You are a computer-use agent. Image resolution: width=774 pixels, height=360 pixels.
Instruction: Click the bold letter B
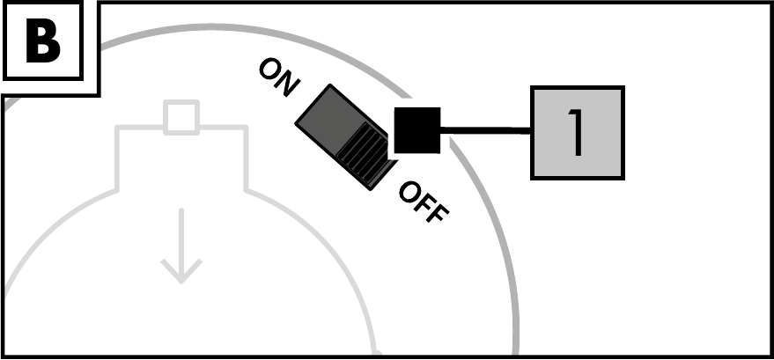coord(43,42)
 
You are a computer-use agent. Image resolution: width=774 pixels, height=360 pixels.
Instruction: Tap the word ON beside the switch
coord(279,77)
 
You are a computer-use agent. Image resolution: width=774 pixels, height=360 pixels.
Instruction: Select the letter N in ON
coord(287,84)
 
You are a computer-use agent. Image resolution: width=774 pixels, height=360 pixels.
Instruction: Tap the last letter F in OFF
coord(438,212)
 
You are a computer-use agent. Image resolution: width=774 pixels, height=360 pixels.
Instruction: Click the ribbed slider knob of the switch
coord(364,151)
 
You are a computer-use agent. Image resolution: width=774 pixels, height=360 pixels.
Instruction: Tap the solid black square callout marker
coord(417,130)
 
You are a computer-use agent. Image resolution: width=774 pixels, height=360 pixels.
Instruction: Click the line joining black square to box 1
coord(486,130)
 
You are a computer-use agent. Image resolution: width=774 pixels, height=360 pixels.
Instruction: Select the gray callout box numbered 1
coord(578,133)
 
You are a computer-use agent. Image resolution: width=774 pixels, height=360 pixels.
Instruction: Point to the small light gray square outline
coord(181,117)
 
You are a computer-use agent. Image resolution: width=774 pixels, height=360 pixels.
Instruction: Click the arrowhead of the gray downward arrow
coord(181,271)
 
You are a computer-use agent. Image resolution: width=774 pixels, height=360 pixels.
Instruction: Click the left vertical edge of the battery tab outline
coord(117,158)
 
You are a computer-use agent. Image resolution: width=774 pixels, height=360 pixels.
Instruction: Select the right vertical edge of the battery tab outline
coord(246,158)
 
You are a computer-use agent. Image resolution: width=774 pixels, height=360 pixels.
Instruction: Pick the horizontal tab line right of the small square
coord(223,129)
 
